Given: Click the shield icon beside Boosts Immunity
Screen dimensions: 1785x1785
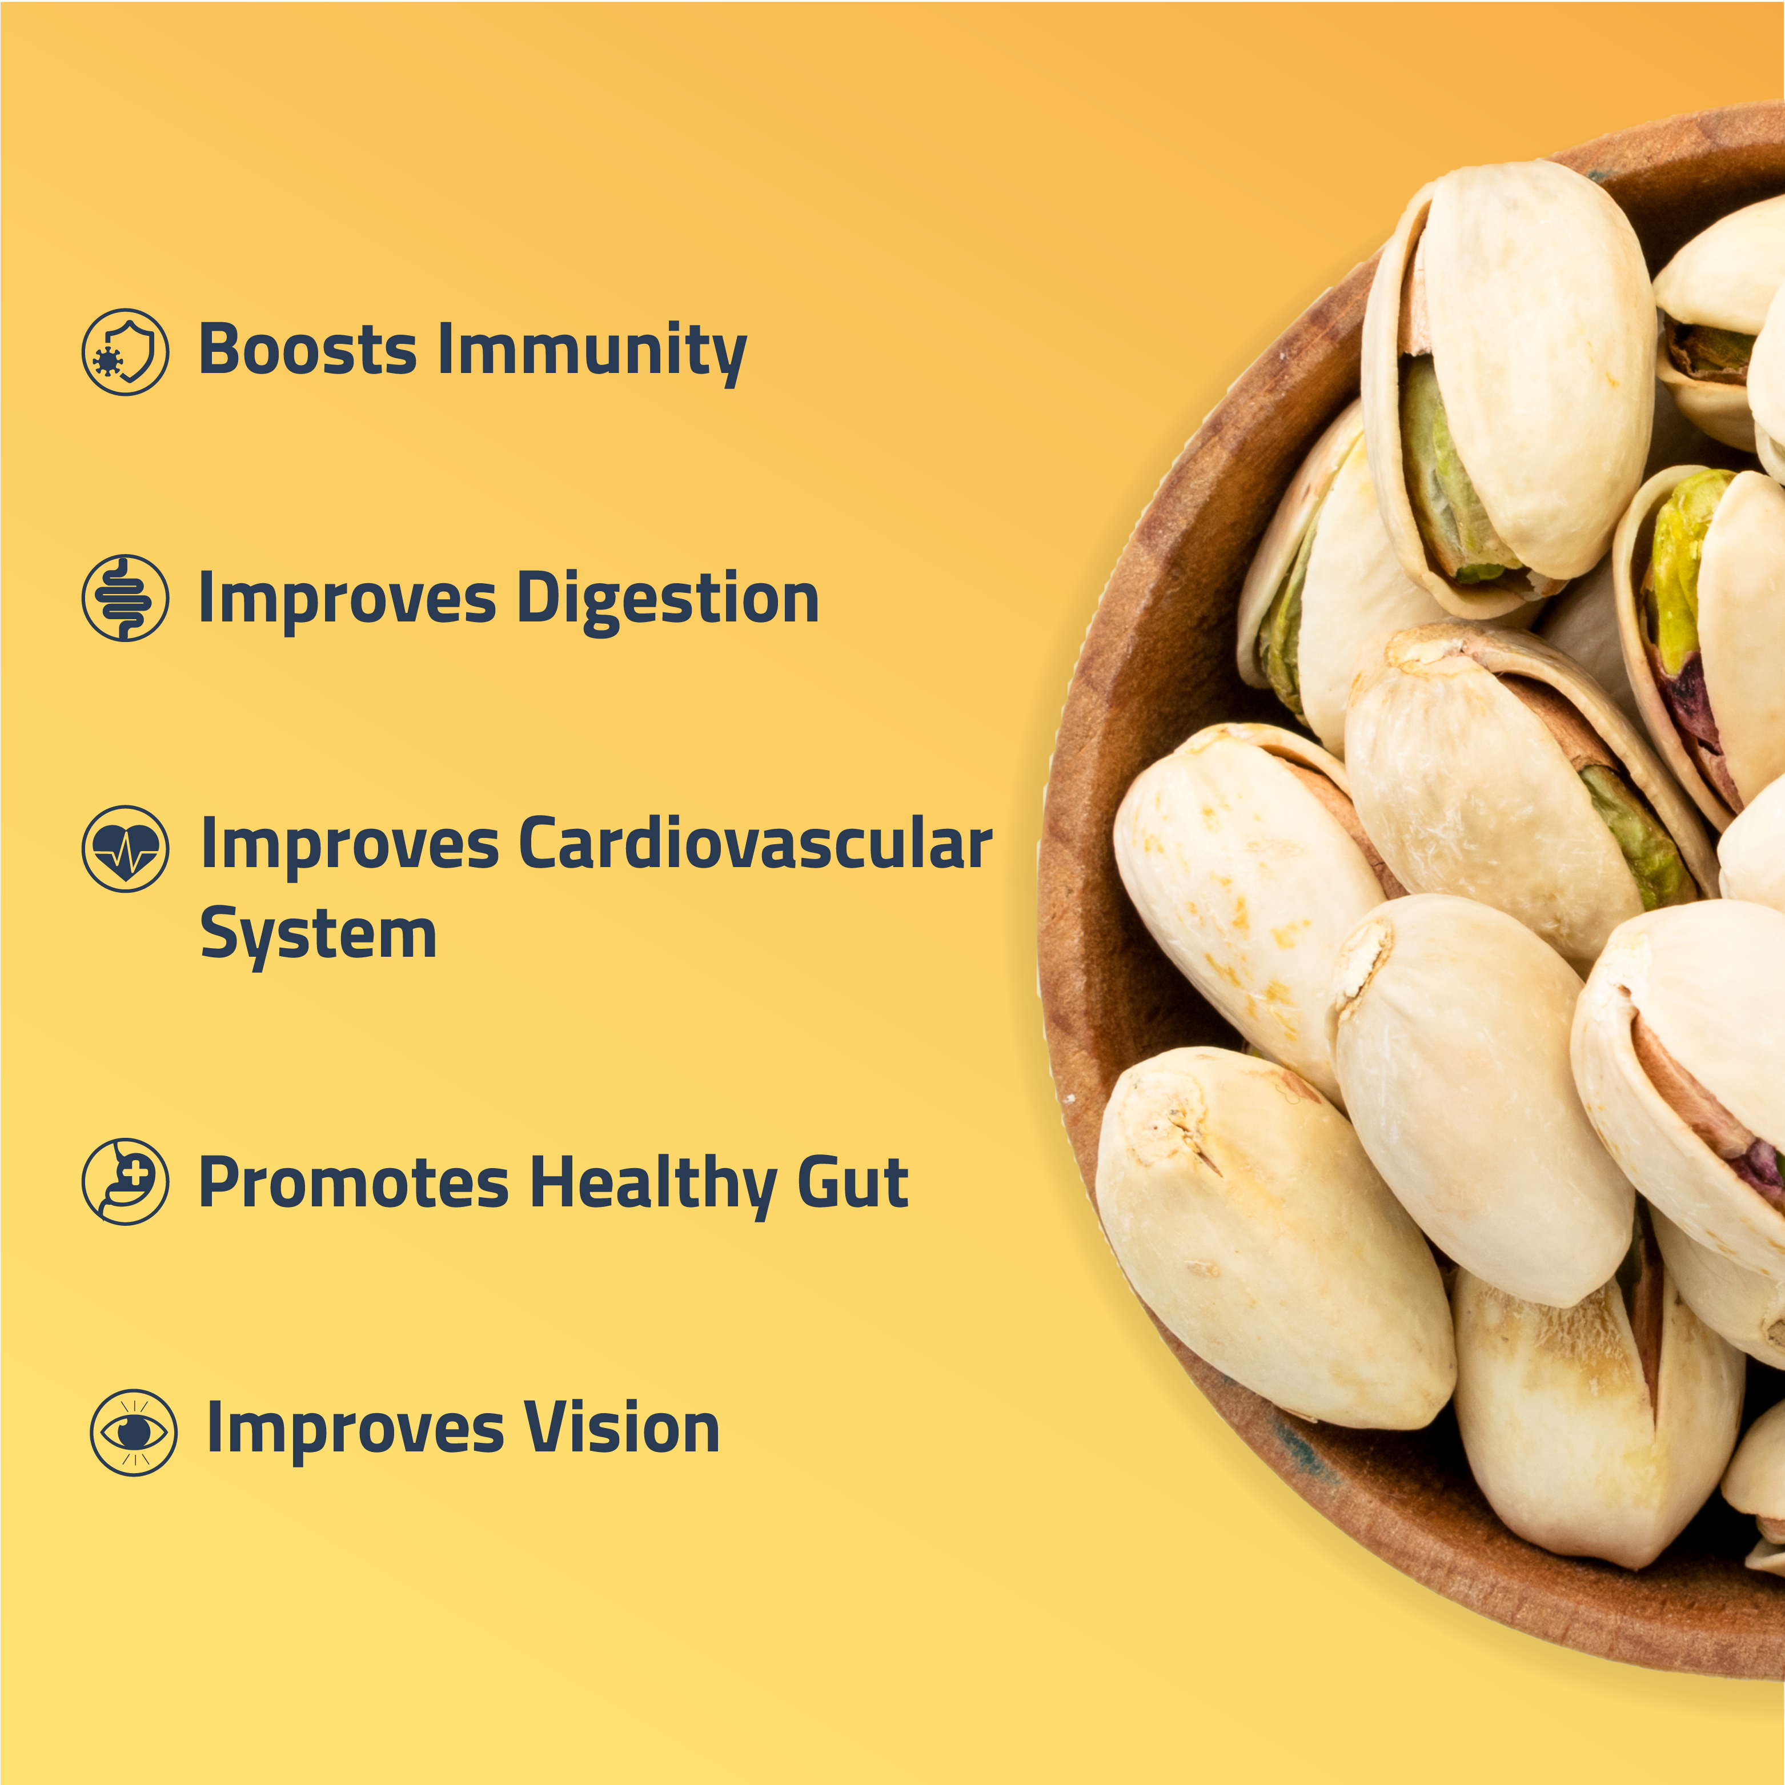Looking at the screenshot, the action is tap(126, 352).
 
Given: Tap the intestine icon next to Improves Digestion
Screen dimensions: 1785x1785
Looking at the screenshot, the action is tap(126, 598).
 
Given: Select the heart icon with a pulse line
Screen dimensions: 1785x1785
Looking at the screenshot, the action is tap(126, 849).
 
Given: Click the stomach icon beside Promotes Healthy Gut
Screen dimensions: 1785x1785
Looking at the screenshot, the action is tap(126, 1182).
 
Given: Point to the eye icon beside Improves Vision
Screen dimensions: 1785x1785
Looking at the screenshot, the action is tap(134, 1432).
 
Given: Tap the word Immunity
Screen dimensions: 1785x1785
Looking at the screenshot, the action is tap(592, 353).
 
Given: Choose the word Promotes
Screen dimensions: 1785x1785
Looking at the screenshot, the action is tap(354, 1182).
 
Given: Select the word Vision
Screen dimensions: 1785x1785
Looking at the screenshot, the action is tap(622, 1427).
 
